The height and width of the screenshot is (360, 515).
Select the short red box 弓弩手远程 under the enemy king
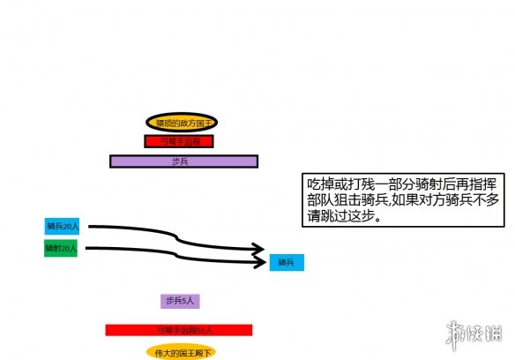pyautogui.click(x=179, y=141)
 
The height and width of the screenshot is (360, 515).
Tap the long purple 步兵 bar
pyautogui.click(x=183, y=161)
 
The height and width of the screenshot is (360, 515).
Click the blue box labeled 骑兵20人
pyautogui.click(x=62, y=227)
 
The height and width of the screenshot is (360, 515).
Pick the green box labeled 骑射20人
pyautogui.click(x=62, y=250)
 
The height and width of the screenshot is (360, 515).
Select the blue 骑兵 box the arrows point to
pyautogui.click(x=286, y=262)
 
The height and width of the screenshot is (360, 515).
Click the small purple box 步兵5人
pyautogui.click(x=181, y=302)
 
